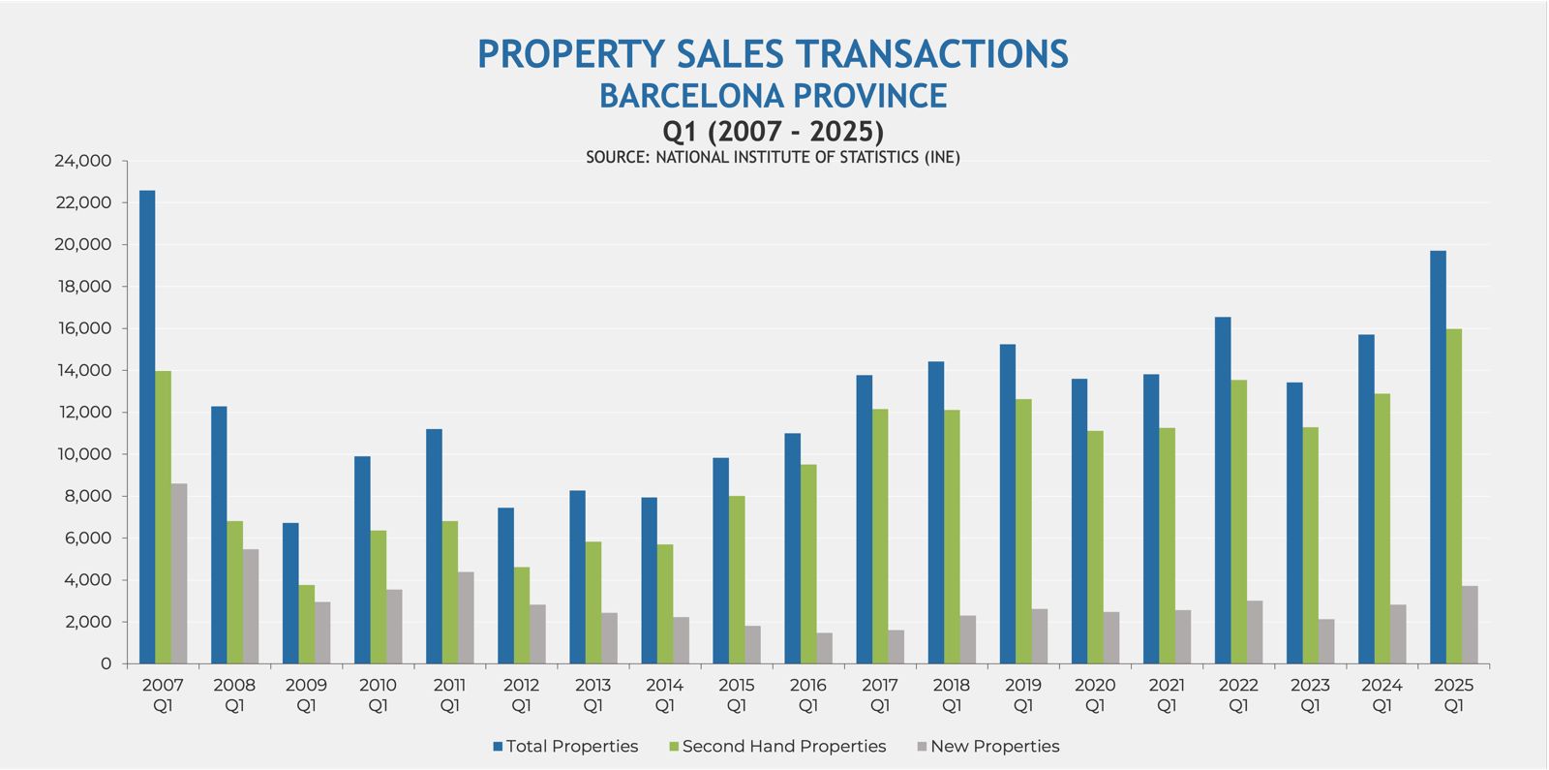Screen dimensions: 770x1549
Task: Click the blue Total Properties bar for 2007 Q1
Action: [x=147, y=426]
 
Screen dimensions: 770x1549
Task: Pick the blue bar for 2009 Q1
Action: [x=290, y=593]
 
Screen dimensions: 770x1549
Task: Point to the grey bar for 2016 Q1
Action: [x=824, y=648]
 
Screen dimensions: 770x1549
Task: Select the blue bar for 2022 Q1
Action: [x=1223, y=490]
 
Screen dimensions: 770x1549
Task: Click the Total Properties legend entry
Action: [x=565, y=746]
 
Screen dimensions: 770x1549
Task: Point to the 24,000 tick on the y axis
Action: [x=83, y=161]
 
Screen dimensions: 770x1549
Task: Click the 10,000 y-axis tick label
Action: [x=83, y=454]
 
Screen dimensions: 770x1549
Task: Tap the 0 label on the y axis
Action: [x=106, y=663]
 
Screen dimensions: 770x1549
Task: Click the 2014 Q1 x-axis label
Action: [x=664, y=694]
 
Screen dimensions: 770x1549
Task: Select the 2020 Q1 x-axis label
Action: [x=1095, y=694]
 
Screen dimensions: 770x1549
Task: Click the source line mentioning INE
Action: [x=773, y=157]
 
